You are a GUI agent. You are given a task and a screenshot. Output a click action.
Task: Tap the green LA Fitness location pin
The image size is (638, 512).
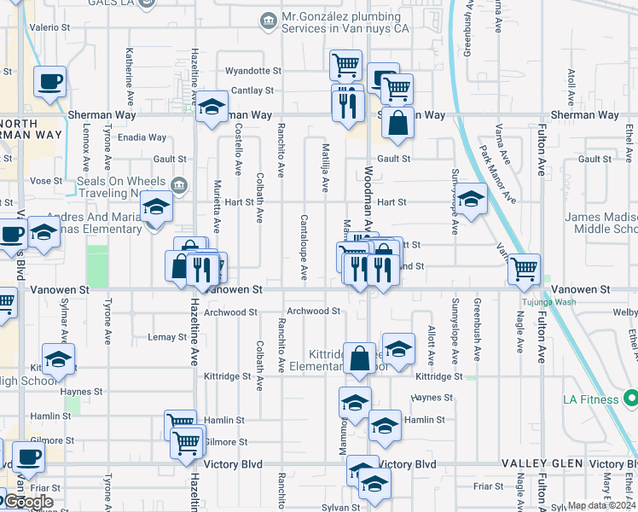[630, 399]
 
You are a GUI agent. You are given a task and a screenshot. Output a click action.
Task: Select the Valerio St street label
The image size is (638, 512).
[43, 27]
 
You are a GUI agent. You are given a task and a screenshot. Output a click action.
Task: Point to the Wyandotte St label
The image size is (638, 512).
[252, 71]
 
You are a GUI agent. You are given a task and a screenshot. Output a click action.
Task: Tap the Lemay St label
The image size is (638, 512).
[167, 337]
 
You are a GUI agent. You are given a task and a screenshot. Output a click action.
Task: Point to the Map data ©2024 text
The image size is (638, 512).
[600, 505]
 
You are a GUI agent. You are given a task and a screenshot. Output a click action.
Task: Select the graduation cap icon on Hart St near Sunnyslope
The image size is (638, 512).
[469, 201]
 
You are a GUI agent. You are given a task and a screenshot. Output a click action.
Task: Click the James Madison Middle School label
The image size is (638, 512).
[601, 224]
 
